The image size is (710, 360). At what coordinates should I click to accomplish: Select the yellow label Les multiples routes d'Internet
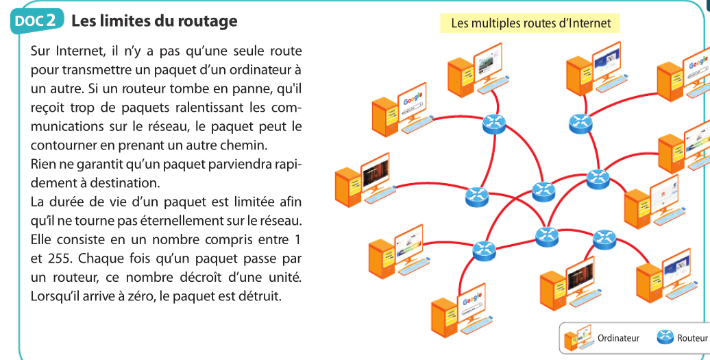click(530, 23)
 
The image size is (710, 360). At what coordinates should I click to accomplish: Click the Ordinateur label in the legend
click(618, 338)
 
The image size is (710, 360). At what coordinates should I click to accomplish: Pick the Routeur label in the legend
click(692, 338)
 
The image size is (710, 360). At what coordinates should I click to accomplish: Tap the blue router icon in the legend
click(665, 337)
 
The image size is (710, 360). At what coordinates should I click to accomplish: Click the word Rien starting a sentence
click(45, 165)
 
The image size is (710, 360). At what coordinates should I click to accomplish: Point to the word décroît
click(206, 278)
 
